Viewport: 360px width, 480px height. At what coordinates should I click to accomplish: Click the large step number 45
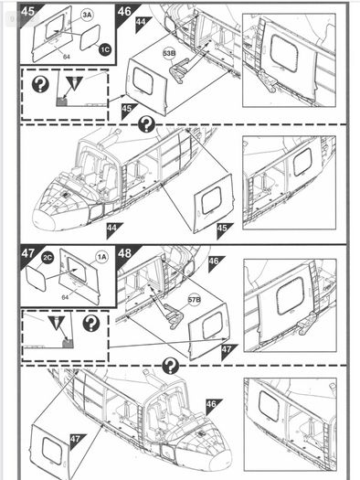[27, 11]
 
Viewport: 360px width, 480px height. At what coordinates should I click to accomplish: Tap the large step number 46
[124, 11]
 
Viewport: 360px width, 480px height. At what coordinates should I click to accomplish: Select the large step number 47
[27, 253]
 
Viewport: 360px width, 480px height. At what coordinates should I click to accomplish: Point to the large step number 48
[124, 253]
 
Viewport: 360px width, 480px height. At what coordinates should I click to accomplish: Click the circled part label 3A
[87, 15]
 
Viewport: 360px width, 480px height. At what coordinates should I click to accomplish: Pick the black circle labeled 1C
[104, 49]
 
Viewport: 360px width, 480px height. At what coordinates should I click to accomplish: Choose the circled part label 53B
[169, 54]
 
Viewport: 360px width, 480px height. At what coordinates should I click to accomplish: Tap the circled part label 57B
[195, 299]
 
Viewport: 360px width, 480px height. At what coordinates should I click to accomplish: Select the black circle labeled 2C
[48, 258]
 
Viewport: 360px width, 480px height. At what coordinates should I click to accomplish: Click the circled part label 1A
[102, 257]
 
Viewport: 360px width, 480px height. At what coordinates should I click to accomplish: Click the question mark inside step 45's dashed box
[40, 84]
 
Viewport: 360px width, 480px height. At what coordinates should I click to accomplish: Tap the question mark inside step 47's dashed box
[91, 324]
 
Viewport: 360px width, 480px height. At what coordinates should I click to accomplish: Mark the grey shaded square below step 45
[62, 101]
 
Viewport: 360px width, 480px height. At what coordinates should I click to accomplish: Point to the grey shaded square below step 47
[68, 344]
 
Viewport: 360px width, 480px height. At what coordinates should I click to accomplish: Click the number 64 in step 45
[67, 57]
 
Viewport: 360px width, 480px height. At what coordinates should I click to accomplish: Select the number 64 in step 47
[65, 297]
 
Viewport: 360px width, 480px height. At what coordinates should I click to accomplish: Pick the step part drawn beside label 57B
[174, 316]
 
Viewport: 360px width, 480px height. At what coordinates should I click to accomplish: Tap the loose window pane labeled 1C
[90, 37]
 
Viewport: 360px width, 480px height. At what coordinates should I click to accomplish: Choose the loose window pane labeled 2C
[37, 278]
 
